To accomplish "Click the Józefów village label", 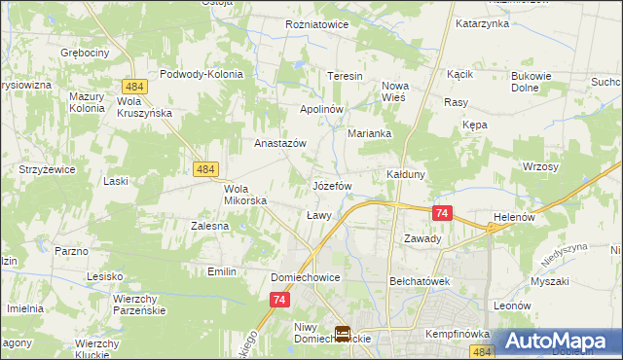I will click(x=331, y=184).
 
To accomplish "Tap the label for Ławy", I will click(x=319, y=215).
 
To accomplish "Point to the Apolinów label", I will click(x=321, y=109).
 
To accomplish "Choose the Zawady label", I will click(x=422, y=238).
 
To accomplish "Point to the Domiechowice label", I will click(x=305, y=277).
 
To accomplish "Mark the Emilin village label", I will click(x=222, y=271).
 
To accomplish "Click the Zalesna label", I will click(x=210, y=226).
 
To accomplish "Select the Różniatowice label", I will click(x=316, y=24).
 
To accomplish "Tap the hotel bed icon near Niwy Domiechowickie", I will click(x=343, y=334).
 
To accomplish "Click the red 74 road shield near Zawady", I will click(x=442, y=213).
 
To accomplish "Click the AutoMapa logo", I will click(x=559, y=341).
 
